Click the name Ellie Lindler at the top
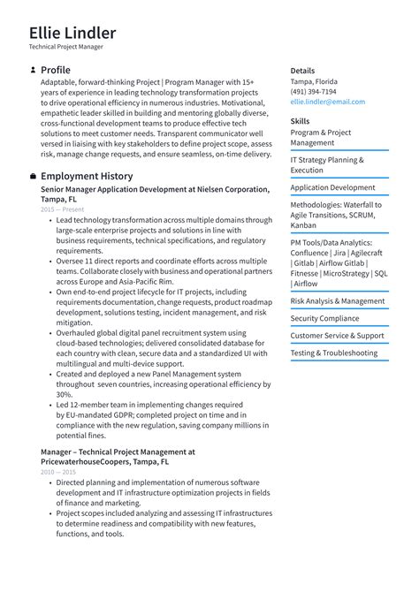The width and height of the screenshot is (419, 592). tap(72, 34)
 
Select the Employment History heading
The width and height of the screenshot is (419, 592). tap(87, 177)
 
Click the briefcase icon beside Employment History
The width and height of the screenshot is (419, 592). tap(33, 177)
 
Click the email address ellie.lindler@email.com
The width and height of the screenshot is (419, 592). tap(327, 102)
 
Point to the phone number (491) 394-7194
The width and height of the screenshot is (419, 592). tap(313, 92)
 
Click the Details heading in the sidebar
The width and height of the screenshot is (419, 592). tap(302, 71)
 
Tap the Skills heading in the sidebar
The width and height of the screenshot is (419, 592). tap(300, 121)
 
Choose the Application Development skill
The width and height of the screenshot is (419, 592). tap(332, 188)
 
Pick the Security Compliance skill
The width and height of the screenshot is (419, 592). tap(324, 318)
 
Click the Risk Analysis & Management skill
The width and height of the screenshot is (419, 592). tap(338, 301)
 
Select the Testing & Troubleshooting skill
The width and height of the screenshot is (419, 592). tap(333, 353)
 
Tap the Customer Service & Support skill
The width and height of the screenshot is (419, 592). tap(337, 336)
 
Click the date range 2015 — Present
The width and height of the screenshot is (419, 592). tap(63, 209)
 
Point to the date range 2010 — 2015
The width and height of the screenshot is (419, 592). tap(58, 473)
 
